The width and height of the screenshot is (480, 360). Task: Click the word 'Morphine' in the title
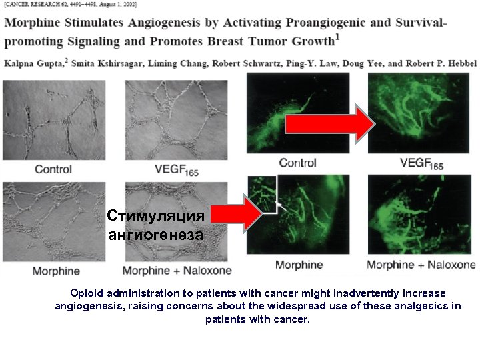[30, 23]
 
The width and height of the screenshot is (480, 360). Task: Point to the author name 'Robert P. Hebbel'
[440, 63]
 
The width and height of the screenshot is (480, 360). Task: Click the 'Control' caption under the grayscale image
[53, 169]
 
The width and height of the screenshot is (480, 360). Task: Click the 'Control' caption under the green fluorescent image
[297, 163]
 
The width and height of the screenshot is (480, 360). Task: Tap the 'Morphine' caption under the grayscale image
[57, 271]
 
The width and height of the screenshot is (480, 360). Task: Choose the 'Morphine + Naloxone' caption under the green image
[421, 265]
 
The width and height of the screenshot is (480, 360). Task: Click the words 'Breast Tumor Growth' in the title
[277, 41]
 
